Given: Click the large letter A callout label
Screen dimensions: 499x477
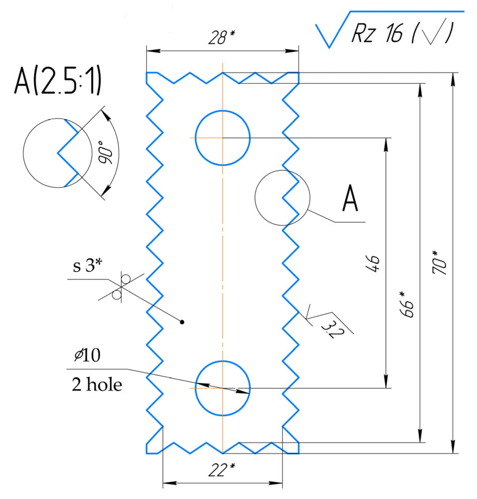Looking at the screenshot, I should coord(350,198).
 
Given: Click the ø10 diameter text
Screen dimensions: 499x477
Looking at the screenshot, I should coord(87,355).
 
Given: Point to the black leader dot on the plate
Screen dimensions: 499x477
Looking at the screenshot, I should coord(182,322).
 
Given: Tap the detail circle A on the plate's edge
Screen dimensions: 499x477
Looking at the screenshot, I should coord(282,198).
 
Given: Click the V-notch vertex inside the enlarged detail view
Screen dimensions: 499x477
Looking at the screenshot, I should coord(58,153).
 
